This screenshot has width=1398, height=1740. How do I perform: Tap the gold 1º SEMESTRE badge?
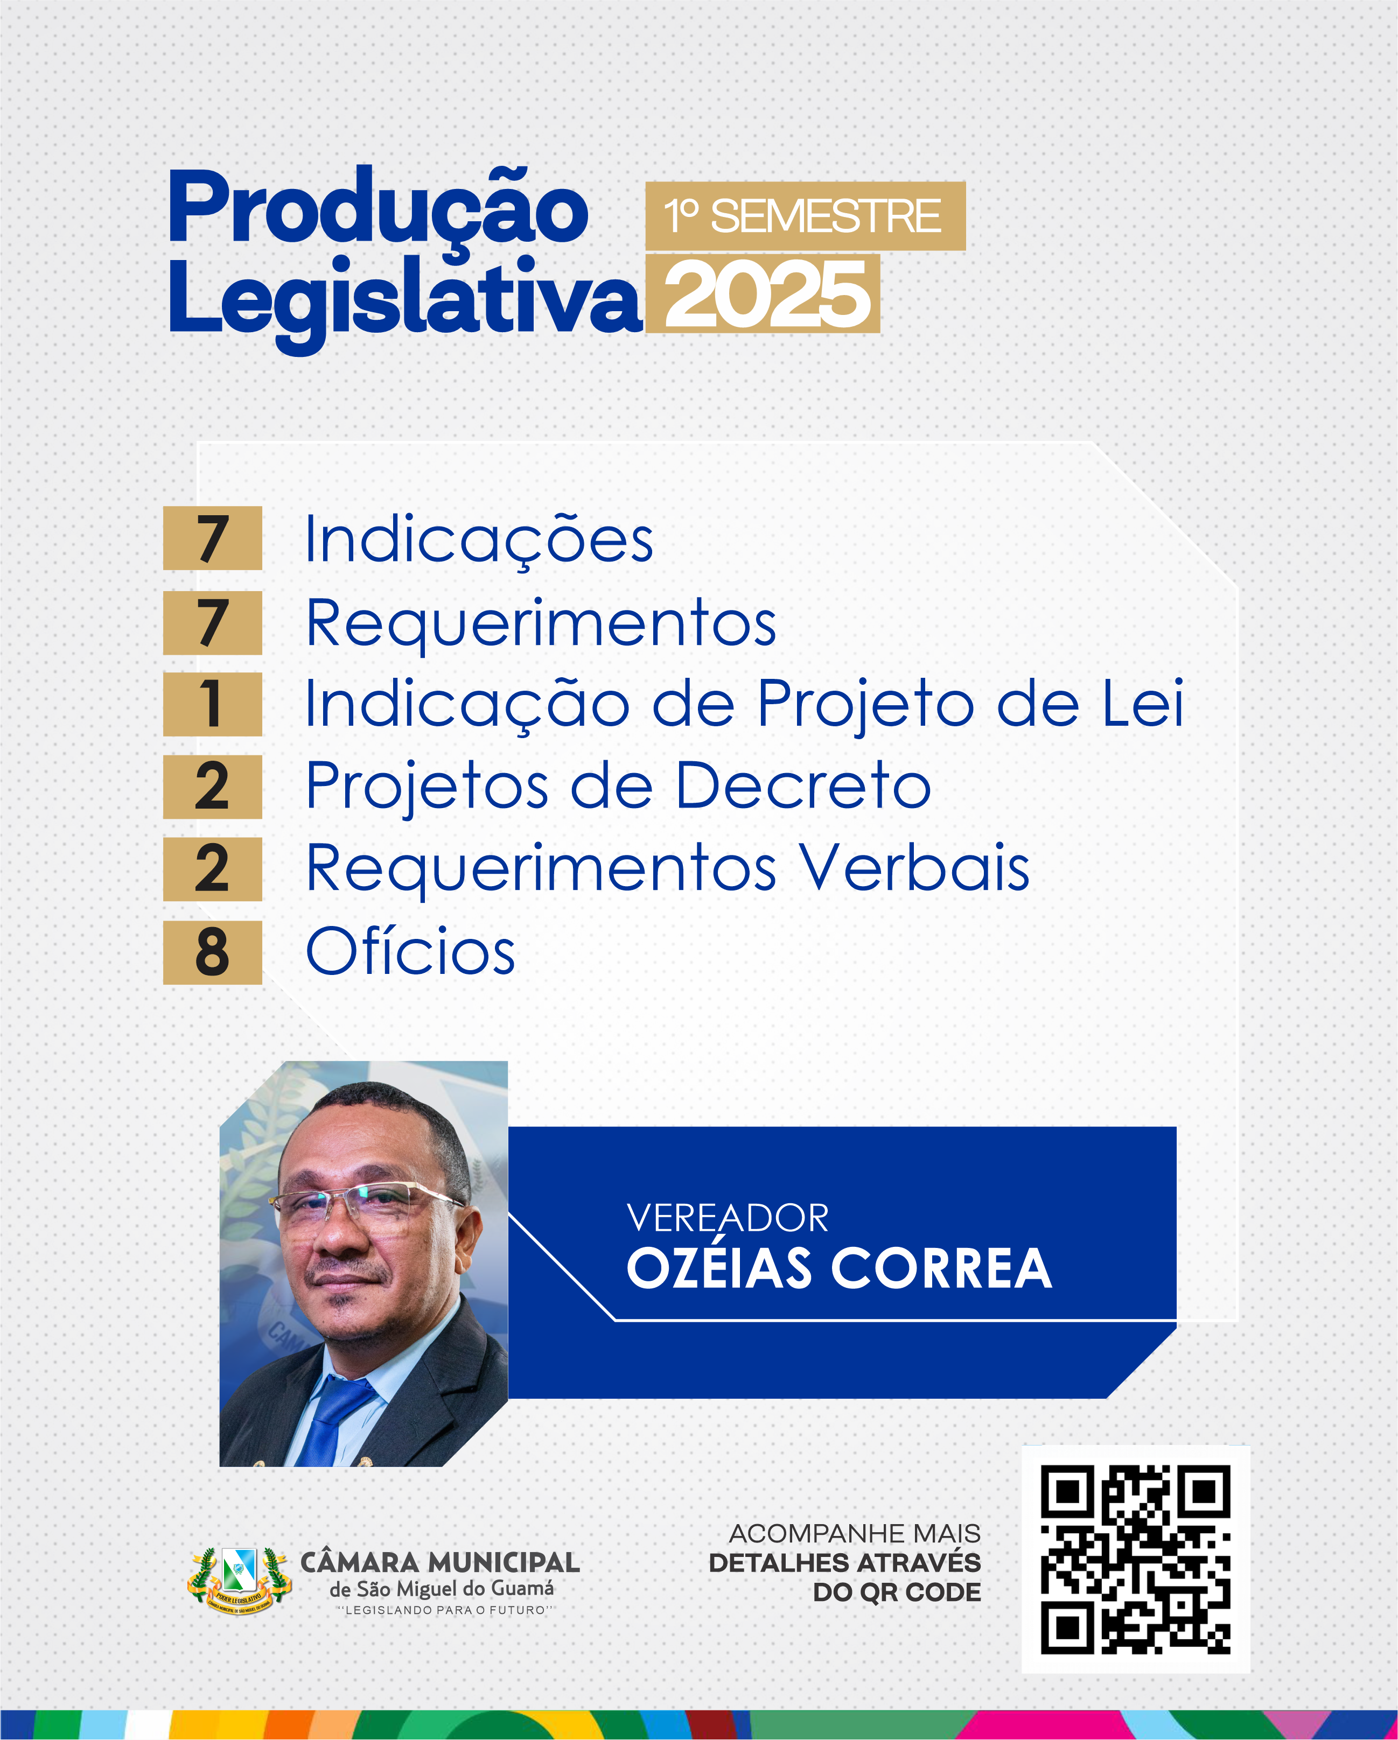(805, 216)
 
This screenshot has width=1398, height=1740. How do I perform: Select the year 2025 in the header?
(763, 294)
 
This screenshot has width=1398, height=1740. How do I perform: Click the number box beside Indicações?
(212, 538)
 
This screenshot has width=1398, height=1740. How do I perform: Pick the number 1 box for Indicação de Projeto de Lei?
(212, 704)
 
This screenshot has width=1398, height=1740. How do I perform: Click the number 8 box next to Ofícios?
(212, 952)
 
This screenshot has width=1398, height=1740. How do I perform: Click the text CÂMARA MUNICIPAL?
(440, 1562)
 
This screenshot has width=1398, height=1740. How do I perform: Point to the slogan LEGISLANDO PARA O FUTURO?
(445, 1610)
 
